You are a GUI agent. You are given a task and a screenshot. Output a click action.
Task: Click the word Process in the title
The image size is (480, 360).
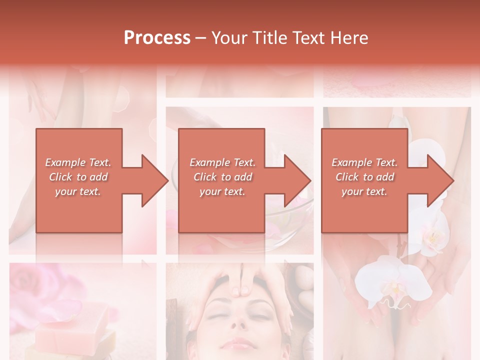pos(157,37)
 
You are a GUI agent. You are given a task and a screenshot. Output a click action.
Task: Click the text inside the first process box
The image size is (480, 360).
pos(78,177)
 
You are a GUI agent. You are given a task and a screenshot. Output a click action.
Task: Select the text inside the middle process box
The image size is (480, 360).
pos(222,177)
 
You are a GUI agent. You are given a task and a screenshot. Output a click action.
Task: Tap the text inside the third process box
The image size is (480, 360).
pos(364,177)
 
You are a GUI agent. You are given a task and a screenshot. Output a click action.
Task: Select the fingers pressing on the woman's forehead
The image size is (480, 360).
pos(243,285)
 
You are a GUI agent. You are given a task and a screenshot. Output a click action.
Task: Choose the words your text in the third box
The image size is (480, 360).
pos(364,191)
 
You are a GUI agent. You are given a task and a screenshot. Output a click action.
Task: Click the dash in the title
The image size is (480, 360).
pos(201,38)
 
